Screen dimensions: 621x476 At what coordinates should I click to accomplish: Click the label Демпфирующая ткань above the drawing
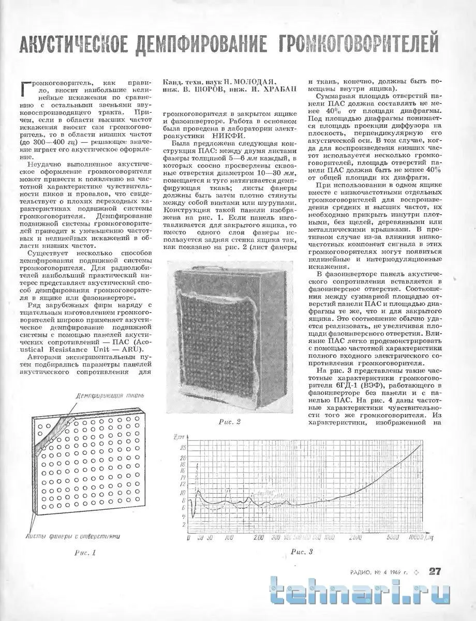(108, 396)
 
